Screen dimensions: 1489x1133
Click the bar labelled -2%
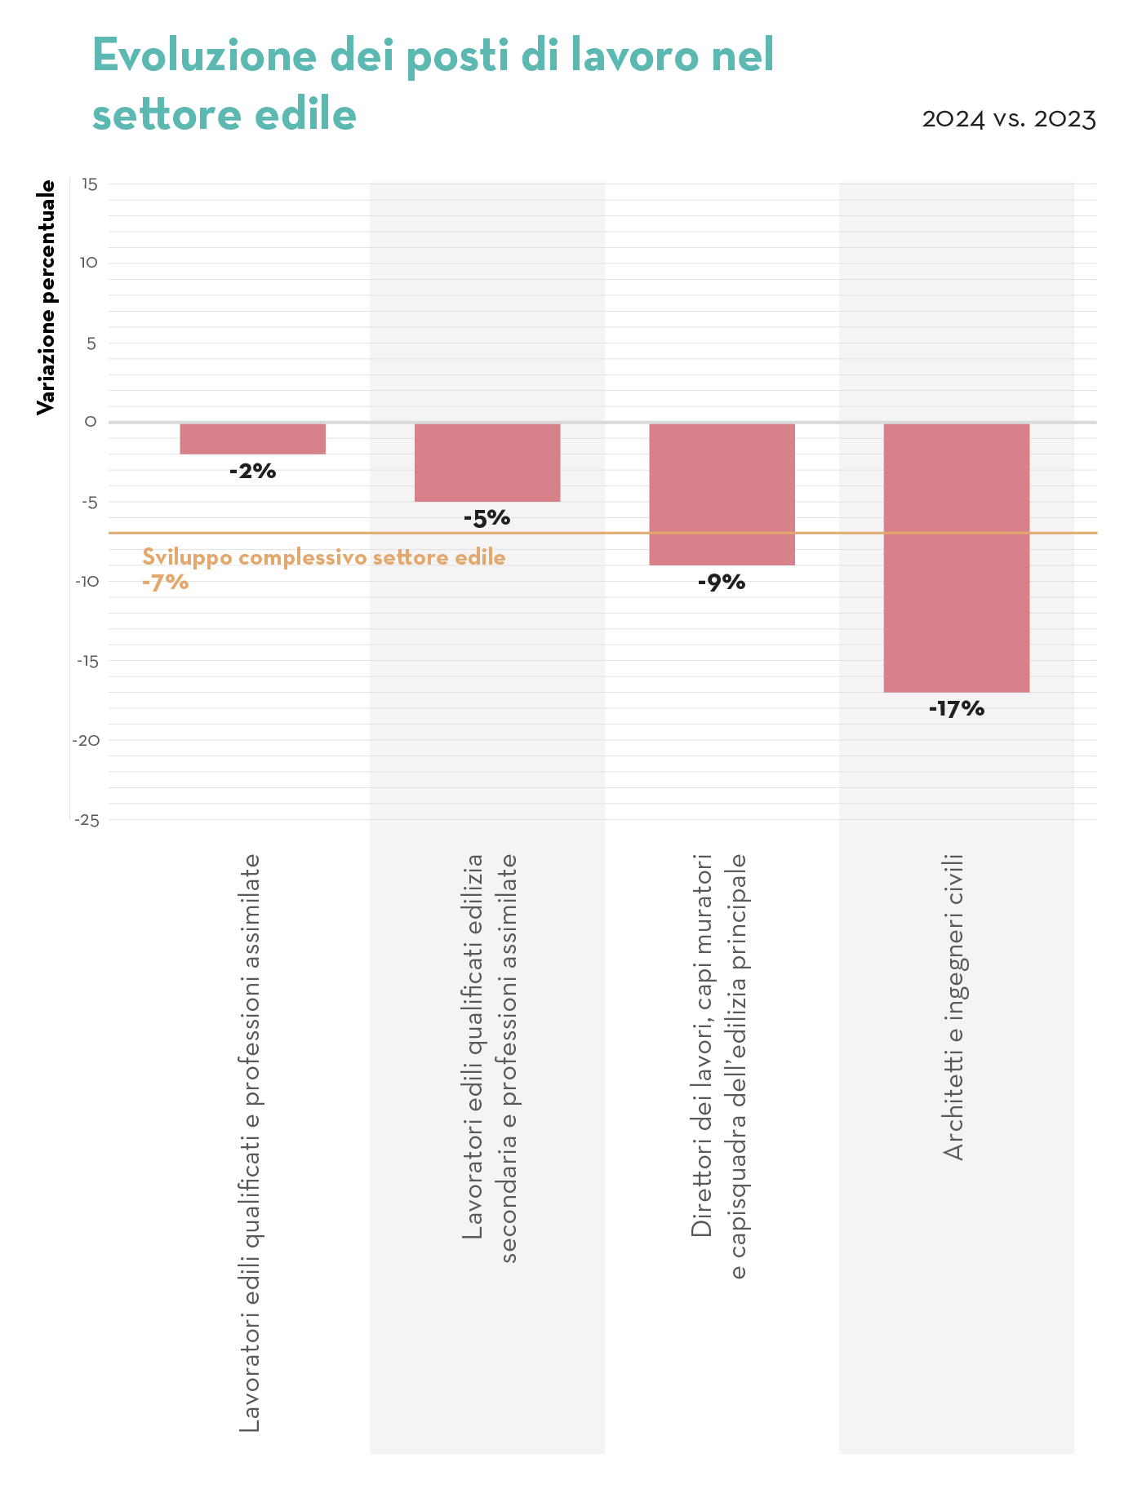[x=252, y=439]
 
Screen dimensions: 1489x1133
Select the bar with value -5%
[x=487, y=462]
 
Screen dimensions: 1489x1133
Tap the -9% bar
[x=722, y=494]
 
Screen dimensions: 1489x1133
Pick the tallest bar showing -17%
[x=956, y=557]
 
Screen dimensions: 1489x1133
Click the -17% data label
[x=956, y=709]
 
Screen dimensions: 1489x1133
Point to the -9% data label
[x=722, y=583]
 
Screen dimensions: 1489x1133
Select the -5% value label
[x=487, y=518]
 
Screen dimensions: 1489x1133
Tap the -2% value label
[x=252, y=471]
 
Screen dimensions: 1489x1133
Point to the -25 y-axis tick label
[x=87, y=820]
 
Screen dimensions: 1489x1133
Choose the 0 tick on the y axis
[x=91, y=422]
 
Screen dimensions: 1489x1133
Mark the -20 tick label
[x=87, y=740]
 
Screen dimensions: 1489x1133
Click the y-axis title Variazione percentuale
[x=47, y=297]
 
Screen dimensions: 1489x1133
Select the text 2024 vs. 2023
[x=1008, y=119]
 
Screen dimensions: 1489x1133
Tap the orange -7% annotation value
[x=166, y=583]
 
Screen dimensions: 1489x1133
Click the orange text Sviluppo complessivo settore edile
[x=324, y=558]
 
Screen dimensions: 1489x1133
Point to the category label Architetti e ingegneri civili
[x=953, y=1006]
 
